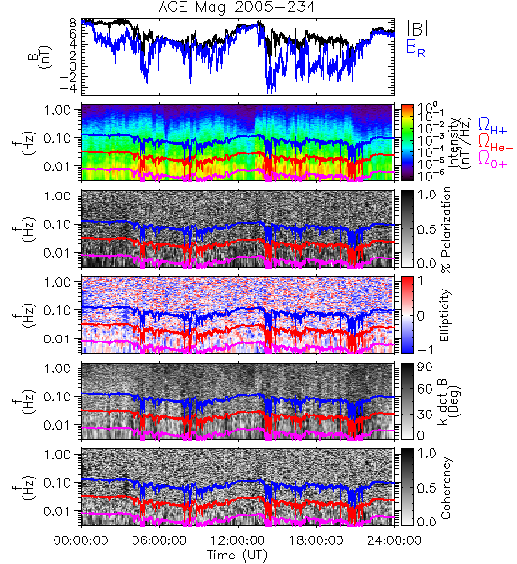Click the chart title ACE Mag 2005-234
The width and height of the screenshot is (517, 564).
point(237,8)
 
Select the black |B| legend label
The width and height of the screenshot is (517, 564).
point(417,28)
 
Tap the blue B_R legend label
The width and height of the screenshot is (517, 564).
point(415,48)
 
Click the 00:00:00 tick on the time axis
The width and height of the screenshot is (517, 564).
point(81,540)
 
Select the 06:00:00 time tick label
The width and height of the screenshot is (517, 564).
point(159,540)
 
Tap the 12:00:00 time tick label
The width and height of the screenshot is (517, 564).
point(238,540)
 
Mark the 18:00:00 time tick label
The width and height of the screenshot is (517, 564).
point(316,540)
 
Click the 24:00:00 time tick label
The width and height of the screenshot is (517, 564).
point(394,540)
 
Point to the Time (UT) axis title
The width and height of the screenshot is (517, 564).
point(237,556)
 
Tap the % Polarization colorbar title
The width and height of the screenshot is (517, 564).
point(446,229)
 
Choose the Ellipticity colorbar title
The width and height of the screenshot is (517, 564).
point(445,315)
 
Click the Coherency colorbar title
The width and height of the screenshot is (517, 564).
point(446,488)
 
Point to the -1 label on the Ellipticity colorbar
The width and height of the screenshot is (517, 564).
point(426,350)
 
